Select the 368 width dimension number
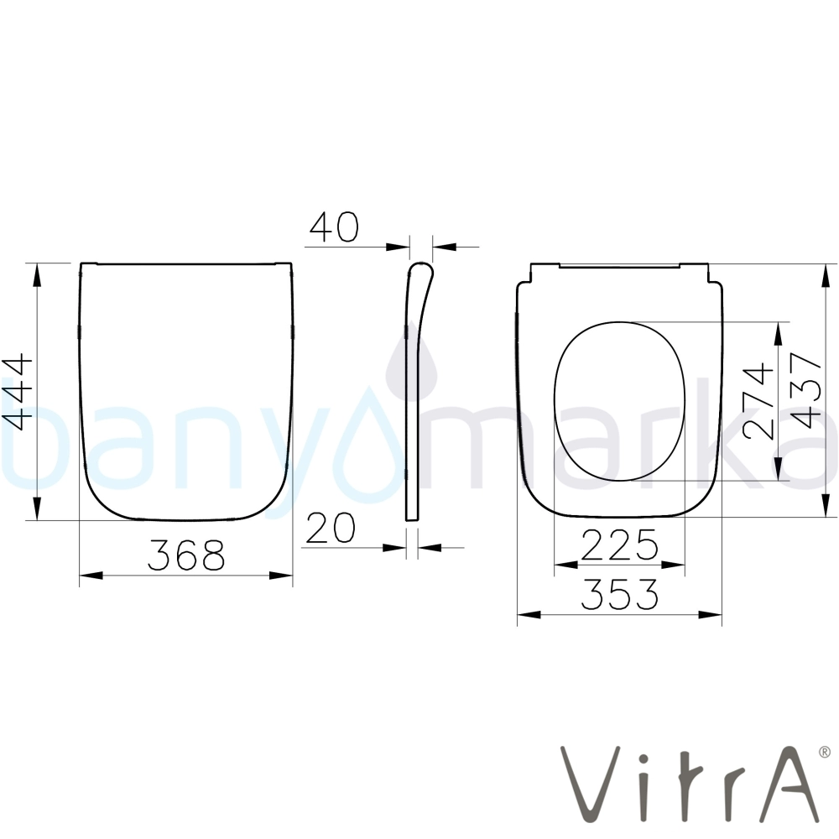[x=186, y=555]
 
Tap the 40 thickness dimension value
[x=334, y=227]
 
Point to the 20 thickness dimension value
[x=331, y=528]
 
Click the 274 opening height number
[x=758, y=401]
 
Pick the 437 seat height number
[x=806, y=390]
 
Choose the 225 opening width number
[x=620, y=545]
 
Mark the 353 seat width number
[x=620, y=594]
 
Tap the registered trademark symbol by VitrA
[x=825, y=753]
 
